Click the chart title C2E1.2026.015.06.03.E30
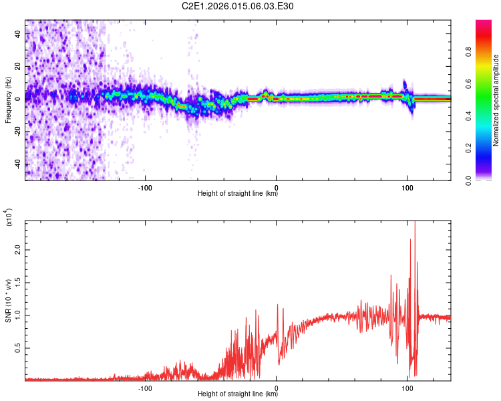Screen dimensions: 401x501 coord(238,6)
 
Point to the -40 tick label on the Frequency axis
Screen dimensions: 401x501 coord(17,164)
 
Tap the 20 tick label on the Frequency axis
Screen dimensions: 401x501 coord(17,66)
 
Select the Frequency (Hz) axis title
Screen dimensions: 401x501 coord(8,99)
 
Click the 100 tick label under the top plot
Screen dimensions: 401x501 coord(407,187)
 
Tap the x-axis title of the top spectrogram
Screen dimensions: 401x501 coord(238,194)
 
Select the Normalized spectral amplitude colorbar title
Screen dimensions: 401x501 coord(496,100)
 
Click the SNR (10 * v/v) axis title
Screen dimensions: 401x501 coord(8,299)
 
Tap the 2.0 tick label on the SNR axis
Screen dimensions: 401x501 coord(17,249)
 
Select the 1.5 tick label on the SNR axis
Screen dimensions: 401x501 coord(17,281)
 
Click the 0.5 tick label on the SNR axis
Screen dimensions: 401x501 coord(17,348)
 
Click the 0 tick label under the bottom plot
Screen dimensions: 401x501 coord(277,388)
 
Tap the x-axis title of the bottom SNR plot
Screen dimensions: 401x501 coord(238,394)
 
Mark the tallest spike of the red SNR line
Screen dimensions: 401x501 coord(415,223)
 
